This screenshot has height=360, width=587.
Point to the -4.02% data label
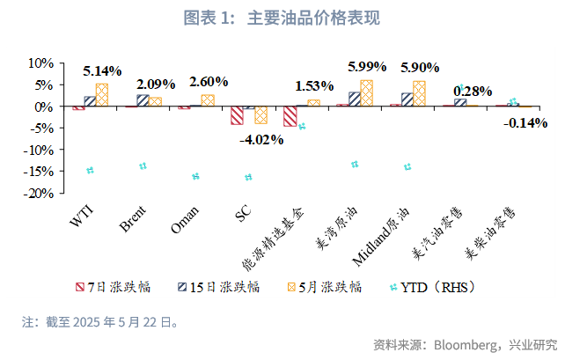(x=264, y=139)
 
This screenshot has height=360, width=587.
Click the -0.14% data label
(x=525, y=122)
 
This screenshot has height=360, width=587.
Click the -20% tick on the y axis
(x=40, y=194)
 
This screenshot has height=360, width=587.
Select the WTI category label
(x=84, y=215)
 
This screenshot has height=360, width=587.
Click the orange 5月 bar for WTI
(x=102, y=95)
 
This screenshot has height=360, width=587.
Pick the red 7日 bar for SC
(x=237, y=115)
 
